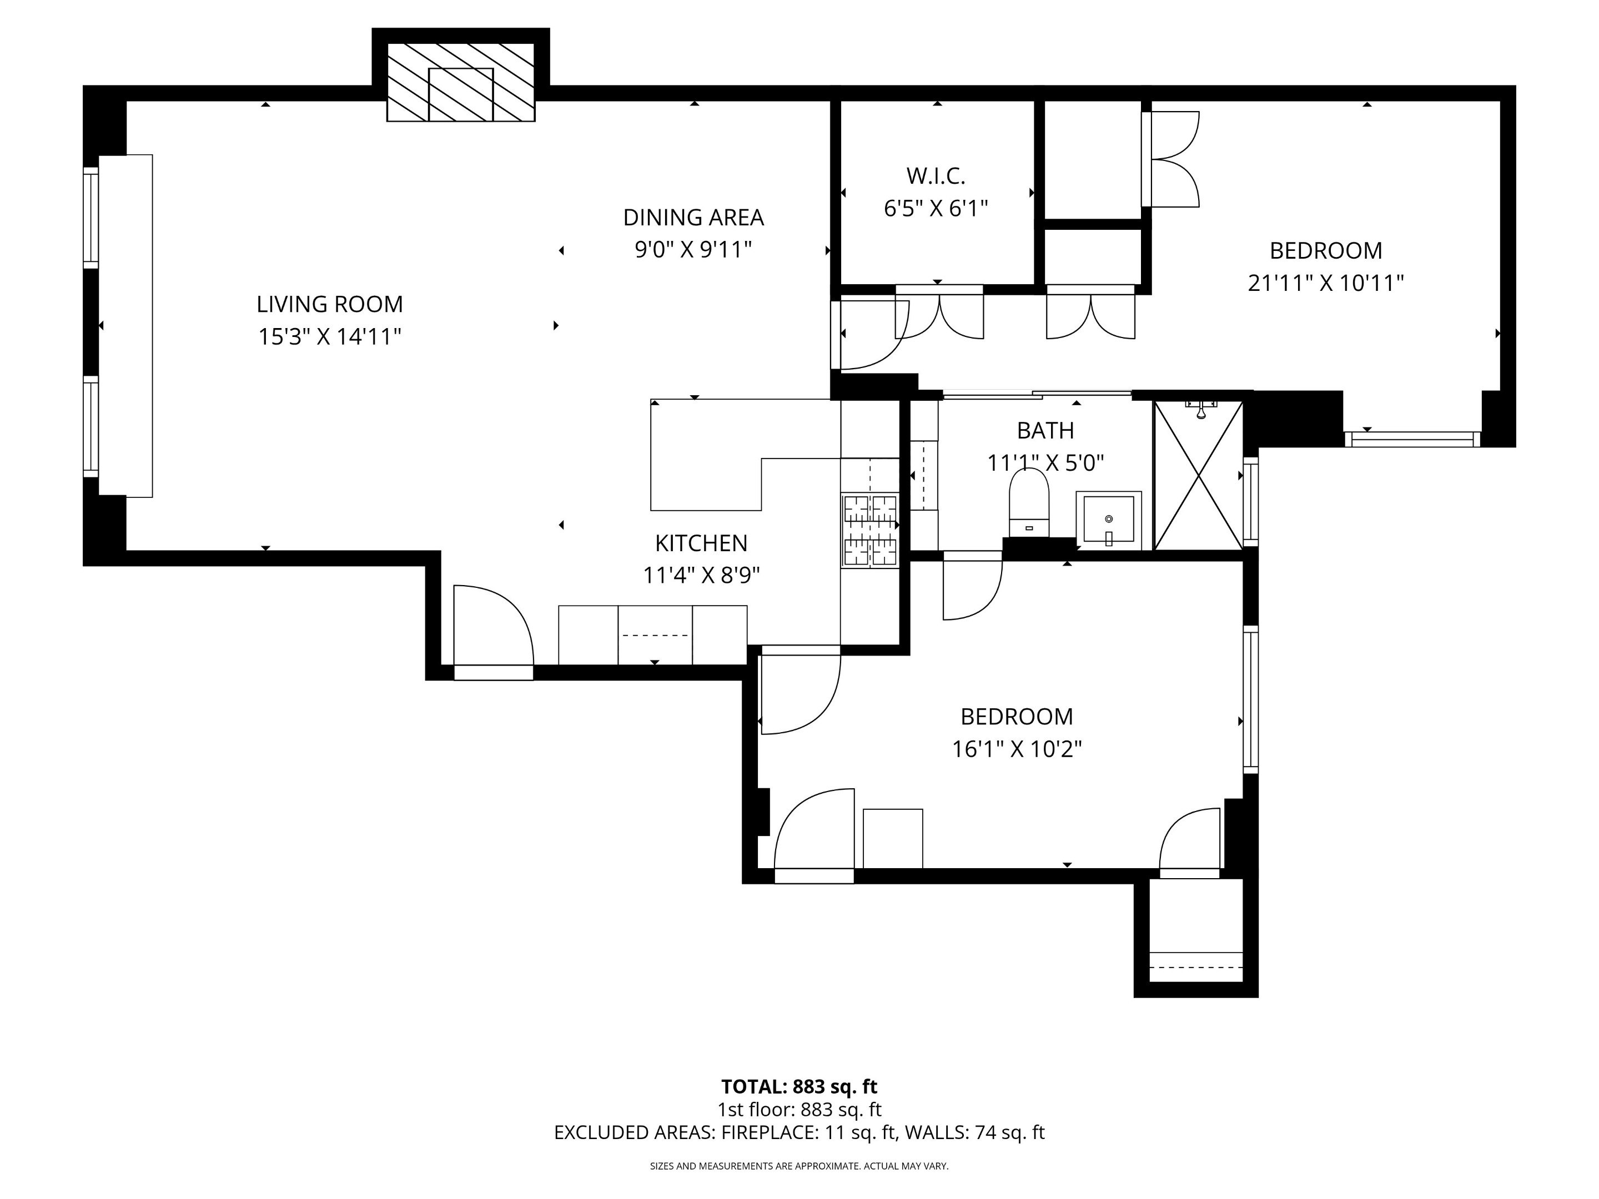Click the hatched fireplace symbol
[x=460, y=82]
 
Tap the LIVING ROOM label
[x=330, y=304]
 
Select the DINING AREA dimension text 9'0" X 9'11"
[x=693, y=250]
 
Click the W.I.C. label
[x=936, y=175]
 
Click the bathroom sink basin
[x=1108, y=519]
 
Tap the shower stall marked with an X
[x=1198, y=476]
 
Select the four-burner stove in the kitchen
[x=869, y=530]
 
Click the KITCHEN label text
[x=701, y=543]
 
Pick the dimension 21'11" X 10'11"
[x=1325, y=283]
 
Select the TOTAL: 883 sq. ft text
[x=799, y=1086]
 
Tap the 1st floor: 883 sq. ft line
[x=799, y=1110]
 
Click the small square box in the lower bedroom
[x=892, y=838]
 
